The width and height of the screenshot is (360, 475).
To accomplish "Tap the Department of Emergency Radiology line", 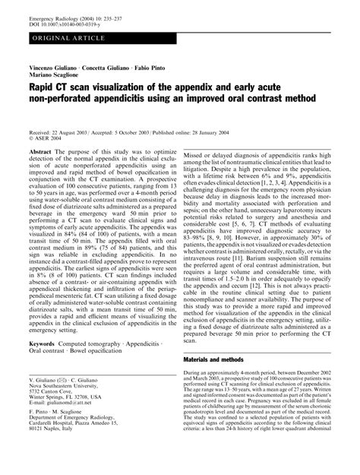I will point(74,446).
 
